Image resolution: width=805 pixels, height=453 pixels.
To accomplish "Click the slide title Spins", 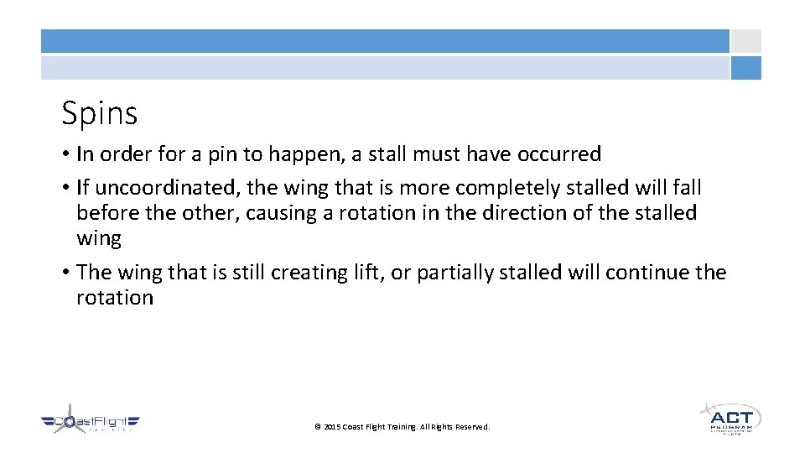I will pyautogui.click(x=99, y=113).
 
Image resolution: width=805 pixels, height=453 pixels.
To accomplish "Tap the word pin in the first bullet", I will pyautogui.click(x=216, y=154).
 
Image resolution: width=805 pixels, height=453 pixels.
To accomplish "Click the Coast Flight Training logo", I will pyautogui.click(x=91, y=423).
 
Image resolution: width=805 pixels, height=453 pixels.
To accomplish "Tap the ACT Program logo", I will pyautogui.click(x=730, y=419).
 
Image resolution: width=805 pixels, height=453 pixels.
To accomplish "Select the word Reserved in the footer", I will pyautogui.click(x=472, y=427).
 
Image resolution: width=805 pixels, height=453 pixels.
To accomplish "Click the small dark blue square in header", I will pyautogui.click(x=745, y=68).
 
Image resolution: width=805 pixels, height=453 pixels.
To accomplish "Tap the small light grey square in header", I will pyautogui.click(x=745, y=41).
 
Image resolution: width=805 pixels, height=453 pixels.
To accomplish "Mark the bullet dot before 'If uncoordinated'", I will pyautogui.click(x=65, y=189).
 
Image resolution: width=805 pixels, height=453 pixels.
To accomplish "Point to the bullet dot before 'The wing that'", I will pyautogui.click(x=65, y=273).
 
